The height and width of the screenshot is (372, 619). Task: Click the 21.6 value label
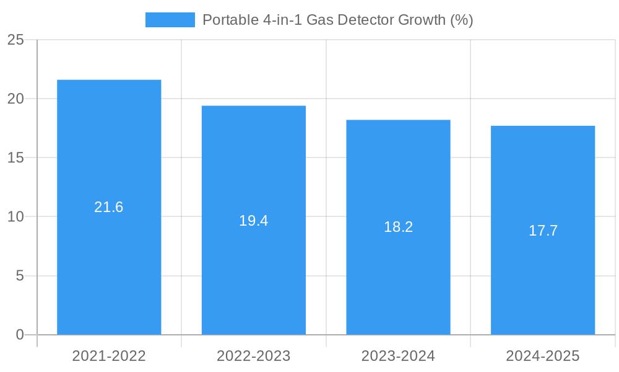[x=109, y=207]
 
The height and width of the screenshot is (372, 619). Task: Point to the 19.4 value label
[x=254, y=220]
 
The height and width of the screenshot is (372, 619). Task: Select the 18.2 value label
[x=398, y=227]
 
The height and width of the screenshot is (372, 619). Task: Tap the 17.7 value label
[x=543, y=231]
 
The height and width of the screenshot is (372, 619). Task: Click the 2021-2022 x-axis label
[x=109, y=356]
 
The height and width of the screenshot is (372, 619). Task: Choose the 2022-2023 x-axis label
[x=254, y=356]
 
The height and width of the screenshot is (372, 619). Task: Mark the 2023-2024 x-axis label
[x=398, y=356]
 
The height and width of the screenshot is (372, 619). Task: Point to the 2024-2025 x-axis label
[x=543, y=356]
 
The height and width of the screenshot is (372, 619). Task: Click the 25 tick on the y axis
[x=15, y=40]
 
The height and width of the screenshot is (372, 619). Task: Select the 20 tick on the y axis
[x=15, y=99]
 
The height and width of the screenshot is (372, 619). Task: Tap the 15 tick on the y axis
[x=15, y=157]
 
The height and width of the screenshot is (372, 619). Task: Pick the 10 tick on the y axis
[x=15, y=216]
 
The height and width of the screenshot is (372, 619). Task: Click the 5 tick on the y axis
[x=20, y=275]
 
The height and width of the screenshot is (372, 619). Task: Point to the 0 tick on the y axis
[x=20, y=335]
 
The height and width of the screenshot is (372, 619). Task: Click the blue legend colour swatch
[x=170, y=20]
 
